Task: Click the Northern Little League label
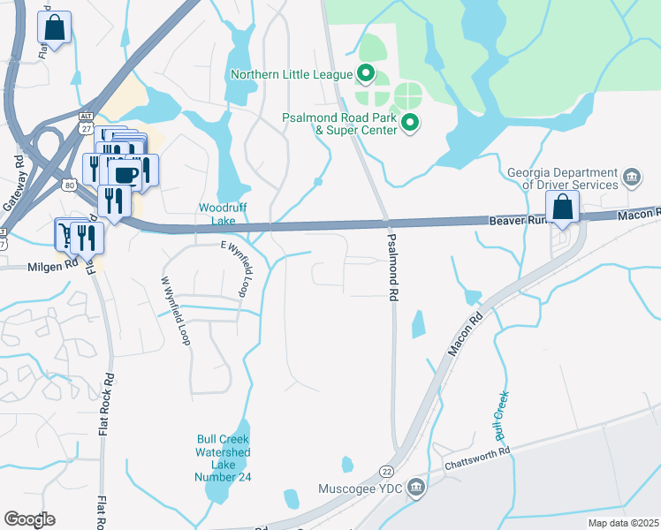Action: (292, 74)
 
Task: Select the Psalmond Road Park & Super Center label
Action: (340, 123)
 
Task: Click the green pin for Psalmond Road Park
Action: (410, 123)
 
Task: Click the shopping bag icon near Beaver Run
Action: (562, 208)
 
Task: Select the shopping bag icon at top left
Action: (55, 27)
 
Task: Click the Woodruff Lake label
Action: (216, 213)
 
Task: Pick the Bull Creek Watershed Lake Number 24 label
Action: (223, 458)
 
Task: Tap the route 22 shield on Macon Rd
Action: (387, 473)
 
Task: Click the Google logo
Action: (29, 519)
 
